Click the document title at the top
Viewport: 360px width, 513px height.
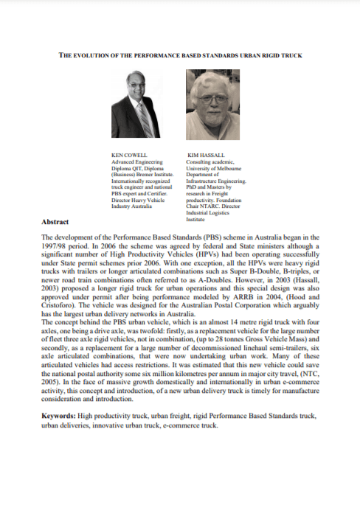pos(180,55)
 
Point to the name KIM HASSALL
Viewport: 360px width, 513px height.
pos(206,156)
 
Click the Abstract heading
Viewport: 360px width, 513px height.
pos(56,221)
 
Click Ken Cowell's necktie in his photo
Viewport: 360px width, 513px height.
pos(143,120)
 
